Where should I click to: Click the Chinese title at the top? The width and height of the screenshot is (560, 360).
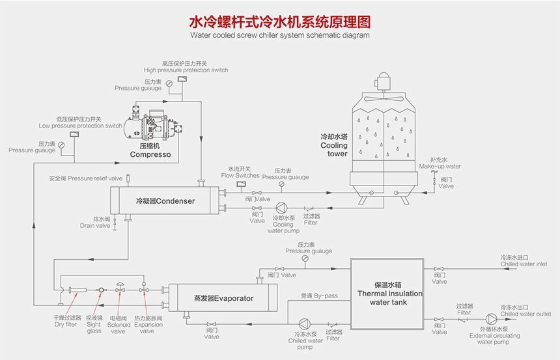(x=280, y=20)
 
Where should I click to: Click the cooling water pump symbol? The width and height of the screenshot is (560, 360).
(x=280, y=208)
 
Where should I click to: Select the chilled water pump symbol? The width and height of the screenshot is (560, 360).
(x=305, y=323)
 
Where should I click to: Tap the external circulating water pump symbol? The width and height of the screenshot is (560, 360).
(x=492, y=319)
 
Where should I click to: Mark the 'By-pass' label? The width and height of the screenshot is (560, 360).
(x=319, y=296)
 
